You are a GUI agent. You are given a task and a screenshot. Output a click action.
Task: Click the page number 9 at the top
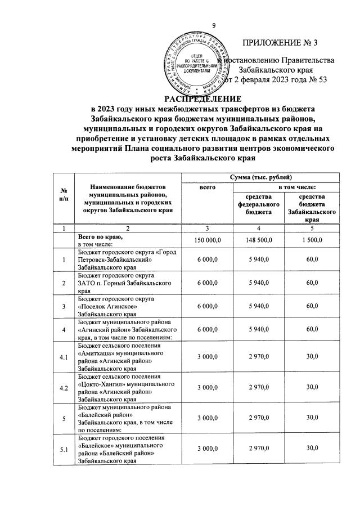point(214,25)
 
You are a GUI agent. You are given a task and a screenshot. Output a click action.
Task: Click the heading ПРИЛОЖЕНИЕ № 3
point(279,43)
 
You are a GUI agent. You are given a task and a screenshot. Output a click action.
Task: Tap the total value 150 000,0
point(208,241)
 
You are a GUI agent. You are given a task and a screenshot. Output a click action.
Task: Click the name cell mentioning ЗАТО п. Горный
point(124,285)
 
